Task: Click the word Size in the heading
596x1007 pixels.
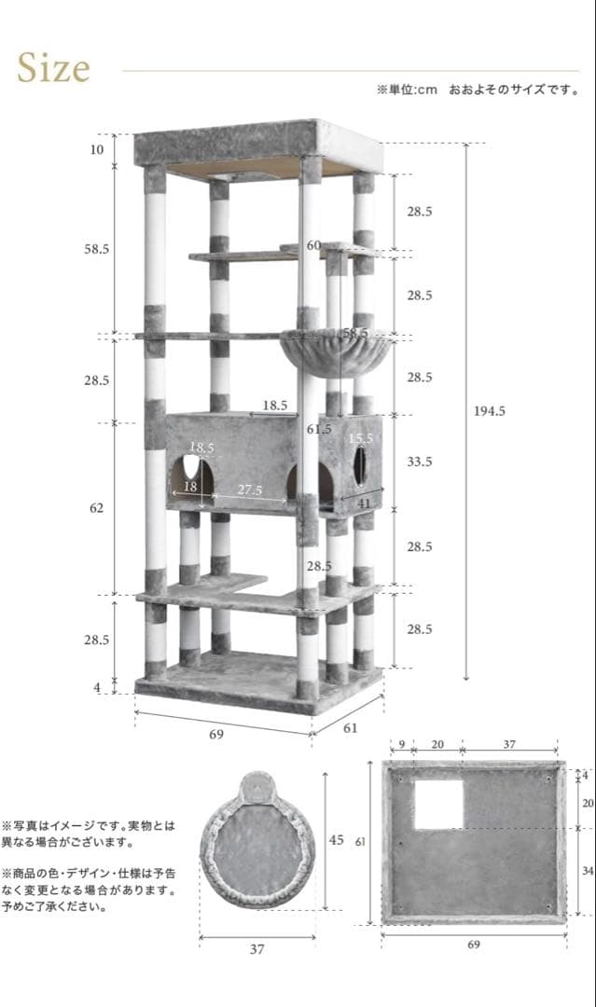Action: pyautogui.click(x=53, y=68)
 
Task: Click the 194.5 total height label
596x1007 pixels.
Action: pyautogui.click(x=490, y=411)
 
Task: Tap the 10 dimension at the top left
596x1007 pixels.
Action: pyautogui.click(x=96, y=149)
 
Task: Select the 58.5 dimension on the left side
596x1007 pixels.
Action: pyautogui.click(x=96, y=249)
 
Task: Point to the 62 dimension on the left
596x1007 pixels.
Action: pyautogui.click(x=96, y=508)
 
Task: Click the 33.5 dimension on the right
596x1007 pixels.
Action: pyautogui.click(x=420, y=462)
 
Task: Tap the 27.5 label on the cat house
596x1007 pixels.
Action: pyautogui.click(x=249, y=490)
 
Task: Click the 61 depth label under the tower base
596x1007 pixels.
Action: pyautogui.click(x=350, y=727)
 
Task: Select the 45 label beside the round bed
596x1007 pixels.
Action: pyautogui.click(x=337, y=840)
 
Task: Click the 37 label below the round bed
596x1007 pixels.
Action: pyautogui.click(x=256, y=949)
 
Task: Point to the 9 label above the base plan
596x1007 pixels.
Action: pyautogui.click(x=401, y=745)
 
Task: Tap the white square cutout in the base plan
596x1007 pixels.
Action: pyautogui.click(x=438, y=805)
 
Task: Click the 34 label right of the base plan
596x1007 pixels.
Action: pyautogui.click(x=588, y=871)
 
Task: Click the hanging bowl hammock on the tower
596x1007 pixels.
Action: pyautogui.click(x=337, y=351)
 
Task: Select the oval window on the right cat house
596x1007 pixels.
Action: pyautogui.click(x=360, y=465)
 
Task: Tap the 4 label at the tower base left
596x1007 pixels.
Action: pyautogui.click(x=97, y=688)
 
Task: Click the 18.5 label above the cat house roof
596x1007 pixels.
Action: pyautogui.click(x=275, y=406)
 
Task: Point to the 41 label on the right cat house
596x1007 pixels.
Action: pyautogui.click(x=364, y=504)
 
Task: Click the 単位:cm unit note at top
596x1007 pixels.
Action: pyautogui.click(x=407, y=90)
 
